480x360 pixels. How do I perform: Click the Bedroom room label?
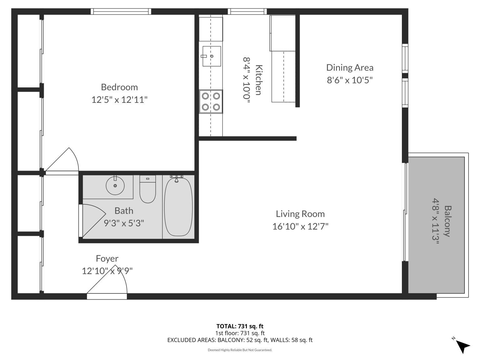point(119,87)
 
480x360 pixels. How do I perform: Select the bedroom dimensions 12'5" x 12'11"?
point(119,100)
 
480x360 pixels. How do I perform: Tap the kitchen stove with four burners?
point(211,102)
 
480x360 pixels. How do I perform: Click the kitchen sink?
point(212,56)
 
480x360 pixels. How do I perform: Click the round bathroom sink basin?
point(115,185)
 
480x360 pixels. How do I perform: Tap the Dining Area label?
point(350,67)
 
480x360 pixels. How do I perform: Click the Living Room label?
point(300,214)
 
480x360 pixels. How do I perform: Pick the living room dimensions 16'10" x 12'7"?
point(300,226)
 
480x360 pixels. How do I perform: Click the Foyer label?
point(107,258)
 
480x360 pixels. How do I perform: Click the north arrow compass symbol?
point(462,346)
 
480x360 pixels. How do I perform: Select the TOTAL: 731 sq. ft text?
point(240,327)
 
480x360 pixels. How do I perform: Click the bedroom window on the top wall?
point(121,12)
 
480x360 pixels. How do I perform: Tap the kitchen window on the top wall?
point(247,12)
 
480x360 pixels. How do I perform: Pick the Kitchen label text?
point(258,80)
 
